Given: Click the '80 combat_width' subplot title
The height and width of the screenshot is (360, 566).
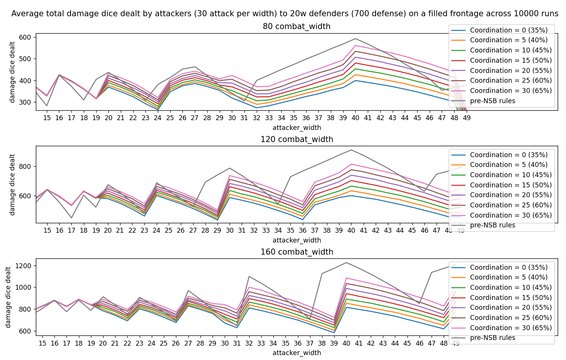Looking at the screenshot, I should point(296,26).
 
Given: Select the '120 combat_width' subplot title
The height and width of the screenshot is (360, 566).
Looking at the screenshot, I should point(296,139).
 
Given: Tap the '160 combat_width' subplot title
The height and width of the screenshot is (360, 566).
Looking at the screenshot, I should point(296,252).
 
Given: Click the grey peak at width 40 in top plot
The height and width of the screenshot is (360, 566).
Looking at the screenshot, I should point(355,39).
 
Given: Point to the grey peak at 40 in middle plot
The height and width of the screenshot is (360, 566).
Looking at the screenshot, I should point(351,150).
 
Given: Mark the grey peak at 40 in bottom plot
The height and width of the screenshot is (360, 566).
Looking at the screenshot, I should point(346,263).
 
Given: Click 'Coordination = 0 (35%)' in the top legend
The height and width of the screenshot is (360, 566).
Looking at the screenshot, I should point(508,30).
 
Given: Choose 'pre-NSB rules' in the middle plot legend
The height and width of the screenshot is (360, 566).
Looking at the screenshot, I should point(492,225).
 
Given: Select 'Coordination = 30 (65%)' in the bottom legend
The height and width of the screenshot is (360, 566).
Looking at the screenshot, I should point(510,328).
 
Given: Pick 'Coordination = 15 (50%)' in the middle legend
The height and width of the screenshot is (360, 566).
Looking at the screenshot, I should point(510,185).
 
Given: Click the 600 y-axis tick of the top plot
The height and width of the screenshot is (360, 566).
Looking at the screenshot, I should point(27,37).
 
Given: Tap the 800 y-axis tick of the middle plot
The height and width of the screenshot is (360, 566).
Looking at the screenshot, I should point(27,167).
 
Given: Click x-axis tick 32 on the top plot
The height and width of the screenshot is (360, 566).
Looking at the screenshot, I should point(257,118).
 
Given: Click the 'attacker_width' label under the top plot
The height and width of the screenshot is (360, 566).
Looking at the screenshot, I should point(296,128).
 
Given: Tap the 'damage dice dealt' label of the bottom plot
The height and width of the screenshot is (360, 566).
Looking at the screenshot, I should point(8,297).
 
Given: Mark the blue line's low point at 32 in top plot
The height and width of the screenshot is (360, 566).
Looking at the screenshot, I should point(257,108).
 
